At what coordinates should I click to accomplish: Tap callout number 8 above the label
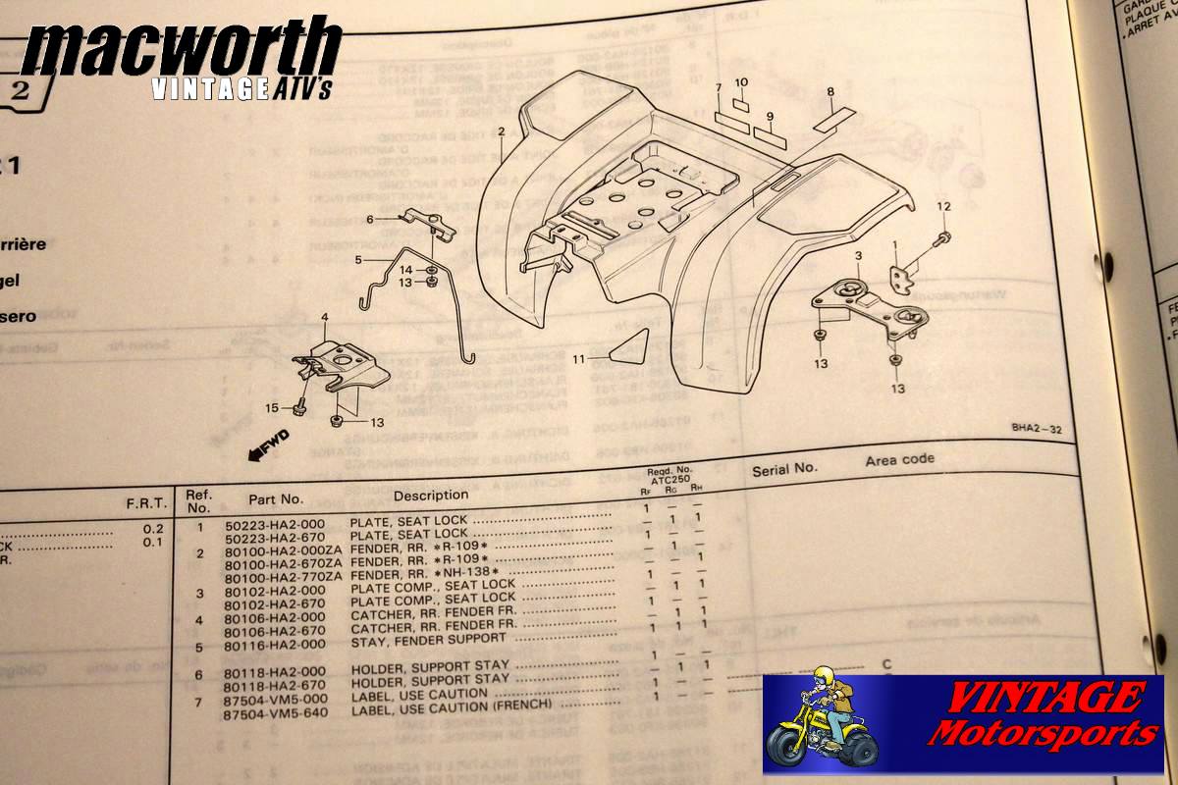tap(830, 92)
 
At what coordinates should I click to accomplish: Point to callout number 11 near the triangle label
tap(580, 359)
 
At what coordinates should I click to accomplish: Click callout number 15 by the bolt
tap(271, 406)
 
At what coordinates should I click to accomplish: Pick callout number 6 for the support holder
tap(370, 219)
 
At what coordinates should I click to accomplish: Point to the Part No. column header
tap(276, 498)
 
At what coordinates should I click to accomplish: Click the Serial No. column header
tap(784, 469)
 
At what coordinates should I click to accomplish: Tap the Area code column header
tap(899, 459)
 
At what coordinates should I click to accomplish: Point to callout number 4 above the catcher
tap(323, 317)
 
